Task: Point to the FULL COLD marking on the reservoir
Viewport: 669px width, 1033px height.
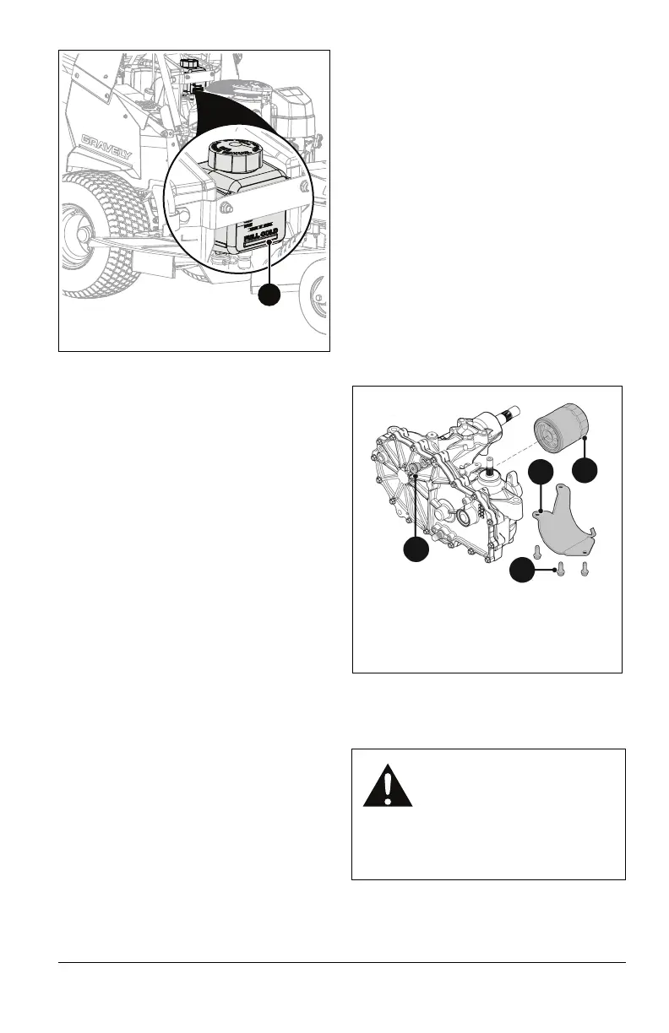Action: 260,241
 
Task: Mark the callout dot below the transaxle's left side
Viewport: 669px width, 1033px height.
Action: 415,550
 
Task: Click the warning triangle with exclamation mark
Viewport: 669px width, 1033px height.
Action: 389,788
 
